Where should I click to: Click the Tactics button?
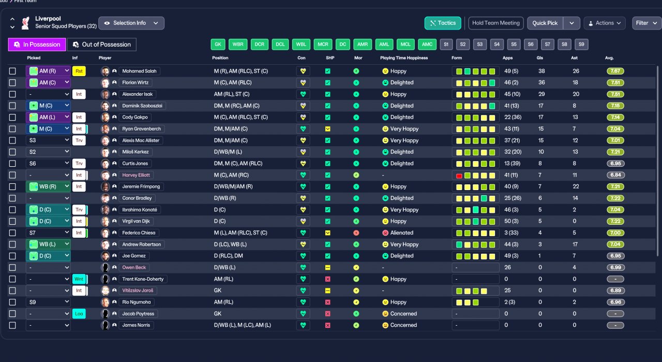tap(443, 23)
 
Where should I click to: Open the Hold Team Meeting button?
tap(495, 23)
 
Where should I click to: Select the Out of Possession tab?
tap(102, 45)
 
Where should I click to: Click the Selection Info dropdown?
tap(131, 23)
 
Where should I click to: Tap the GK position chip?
tap(218, 45)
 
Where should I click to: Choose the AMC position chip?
tap(427, 45)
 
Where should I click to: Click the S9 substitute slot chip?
tap(581, 45)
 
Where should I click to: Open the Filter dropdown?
tap(646, 23)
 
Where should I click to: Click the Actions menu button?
tap(604, 23)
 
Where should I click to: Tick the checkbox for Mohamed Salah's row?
tap(12, 71)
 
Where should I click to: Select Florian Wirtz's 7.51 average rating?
tap(615, 82)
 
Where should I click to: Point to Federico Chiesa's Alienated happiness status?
tap(401, 233)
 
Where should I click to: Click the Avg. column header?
tap(609, 58)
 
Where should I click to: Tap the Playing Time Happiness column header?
tap(404, 58)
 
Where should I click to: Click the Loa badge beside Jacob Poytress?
tap(79, 313)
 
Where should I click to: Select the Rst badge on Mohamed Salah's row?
tap(79, 71)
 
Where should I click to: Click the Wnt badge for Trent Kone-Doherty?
tap(79, 279)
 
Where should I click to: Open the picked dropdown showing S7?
tap(48, 233)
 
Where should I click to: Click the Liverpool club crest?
tap(25, 23)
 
